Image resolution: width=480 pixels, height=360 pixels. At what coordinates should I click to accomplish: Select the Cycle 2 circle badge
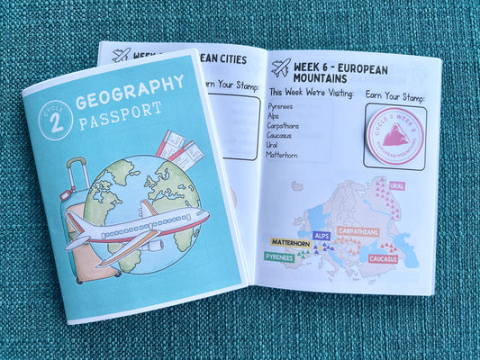(x=56, y=120)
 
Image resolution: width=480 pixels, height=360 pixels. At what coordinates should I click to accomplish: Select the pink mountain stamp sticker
(x=394, y=135)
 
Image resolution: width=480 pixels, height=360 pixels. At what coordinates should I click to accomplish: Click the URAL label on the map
(x=396, y=185)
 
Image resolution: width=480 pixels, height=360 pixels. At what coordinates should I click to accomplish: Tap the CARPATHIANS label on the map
(x=358, y=231)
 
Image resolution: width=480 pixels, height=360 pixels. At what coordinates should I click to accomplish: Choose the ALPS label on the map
(x=322, y=235)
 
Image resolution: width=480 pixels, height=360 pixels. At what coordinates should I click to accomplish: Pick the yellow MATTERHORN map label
(x=291, y=242)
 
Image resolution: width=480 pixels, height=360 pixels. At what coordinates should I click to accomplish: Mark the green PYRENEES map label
(x=279, y=256)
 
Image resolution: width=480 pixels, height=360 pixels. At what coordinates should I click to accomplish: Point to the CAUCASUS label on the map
(x=383, y=259)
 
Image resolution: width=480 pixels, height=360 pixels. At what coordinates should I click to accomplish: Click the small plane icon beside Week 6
(x=280, y=67)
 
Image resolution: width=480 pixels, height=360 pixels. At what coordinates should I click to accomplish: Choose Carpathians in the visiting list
(x=287, y=126)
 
